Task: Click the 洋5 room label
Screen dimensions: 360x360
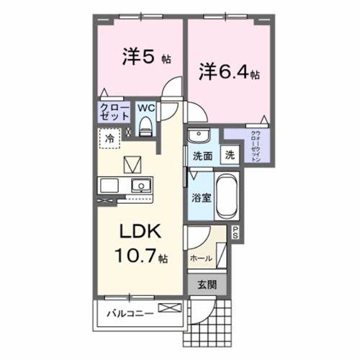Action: pos(139,55)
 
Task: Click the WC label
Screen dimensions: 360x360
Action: pos(145,109)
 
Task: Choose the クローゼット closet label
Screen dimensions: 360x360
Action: pos(114,114)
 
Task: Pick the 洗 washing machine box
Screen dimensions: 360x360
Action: pos(228,153)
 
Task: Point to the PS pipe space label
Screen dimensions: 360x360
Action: pos(234,231)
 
